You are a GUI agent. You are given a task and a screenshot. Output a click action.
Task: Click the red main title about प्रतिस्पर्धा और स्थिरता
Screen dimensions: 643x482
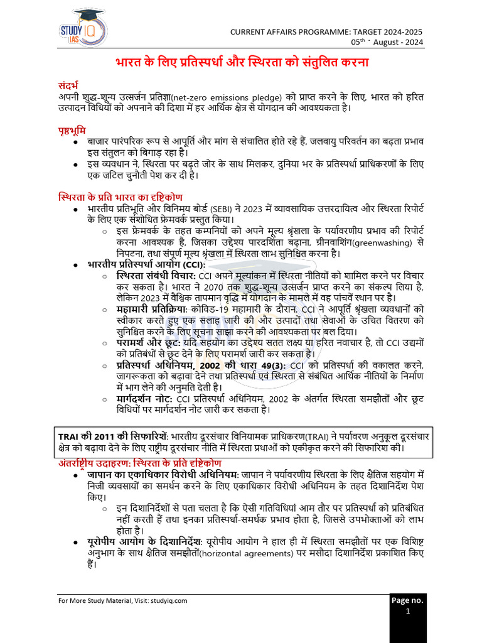tap(242, 63)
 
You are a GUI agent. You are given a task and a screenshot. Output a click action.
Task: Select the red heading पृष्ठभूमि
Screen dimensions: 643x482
tap(68, 130)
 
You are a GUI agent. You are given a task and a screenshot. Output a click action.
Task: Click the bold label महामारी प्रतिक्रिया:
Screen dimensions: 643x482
tap(150, 309)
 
